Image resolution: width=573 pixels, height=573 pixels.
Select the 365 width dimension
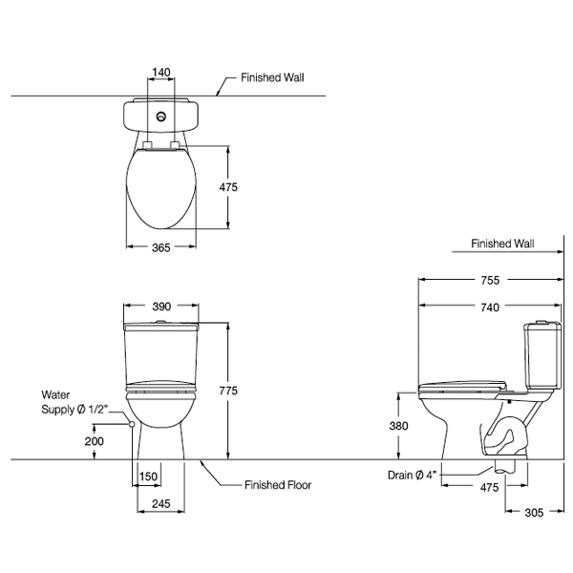(161, 248)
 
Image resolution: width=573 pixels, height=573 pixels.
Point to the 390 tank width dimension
(161, 307)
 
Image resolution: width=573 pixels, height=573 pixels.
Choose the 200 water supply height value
(94, 441)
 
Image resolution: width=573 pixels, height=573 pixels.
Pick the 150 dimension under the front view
(147, 477)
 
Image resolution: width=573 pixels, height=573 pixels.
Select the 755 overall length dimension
(490, 281)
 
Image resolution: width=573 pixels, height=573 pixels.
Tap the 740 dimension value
(490, 307)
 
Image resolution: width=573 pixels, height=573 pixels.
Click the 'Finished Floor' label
(276, 485)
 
